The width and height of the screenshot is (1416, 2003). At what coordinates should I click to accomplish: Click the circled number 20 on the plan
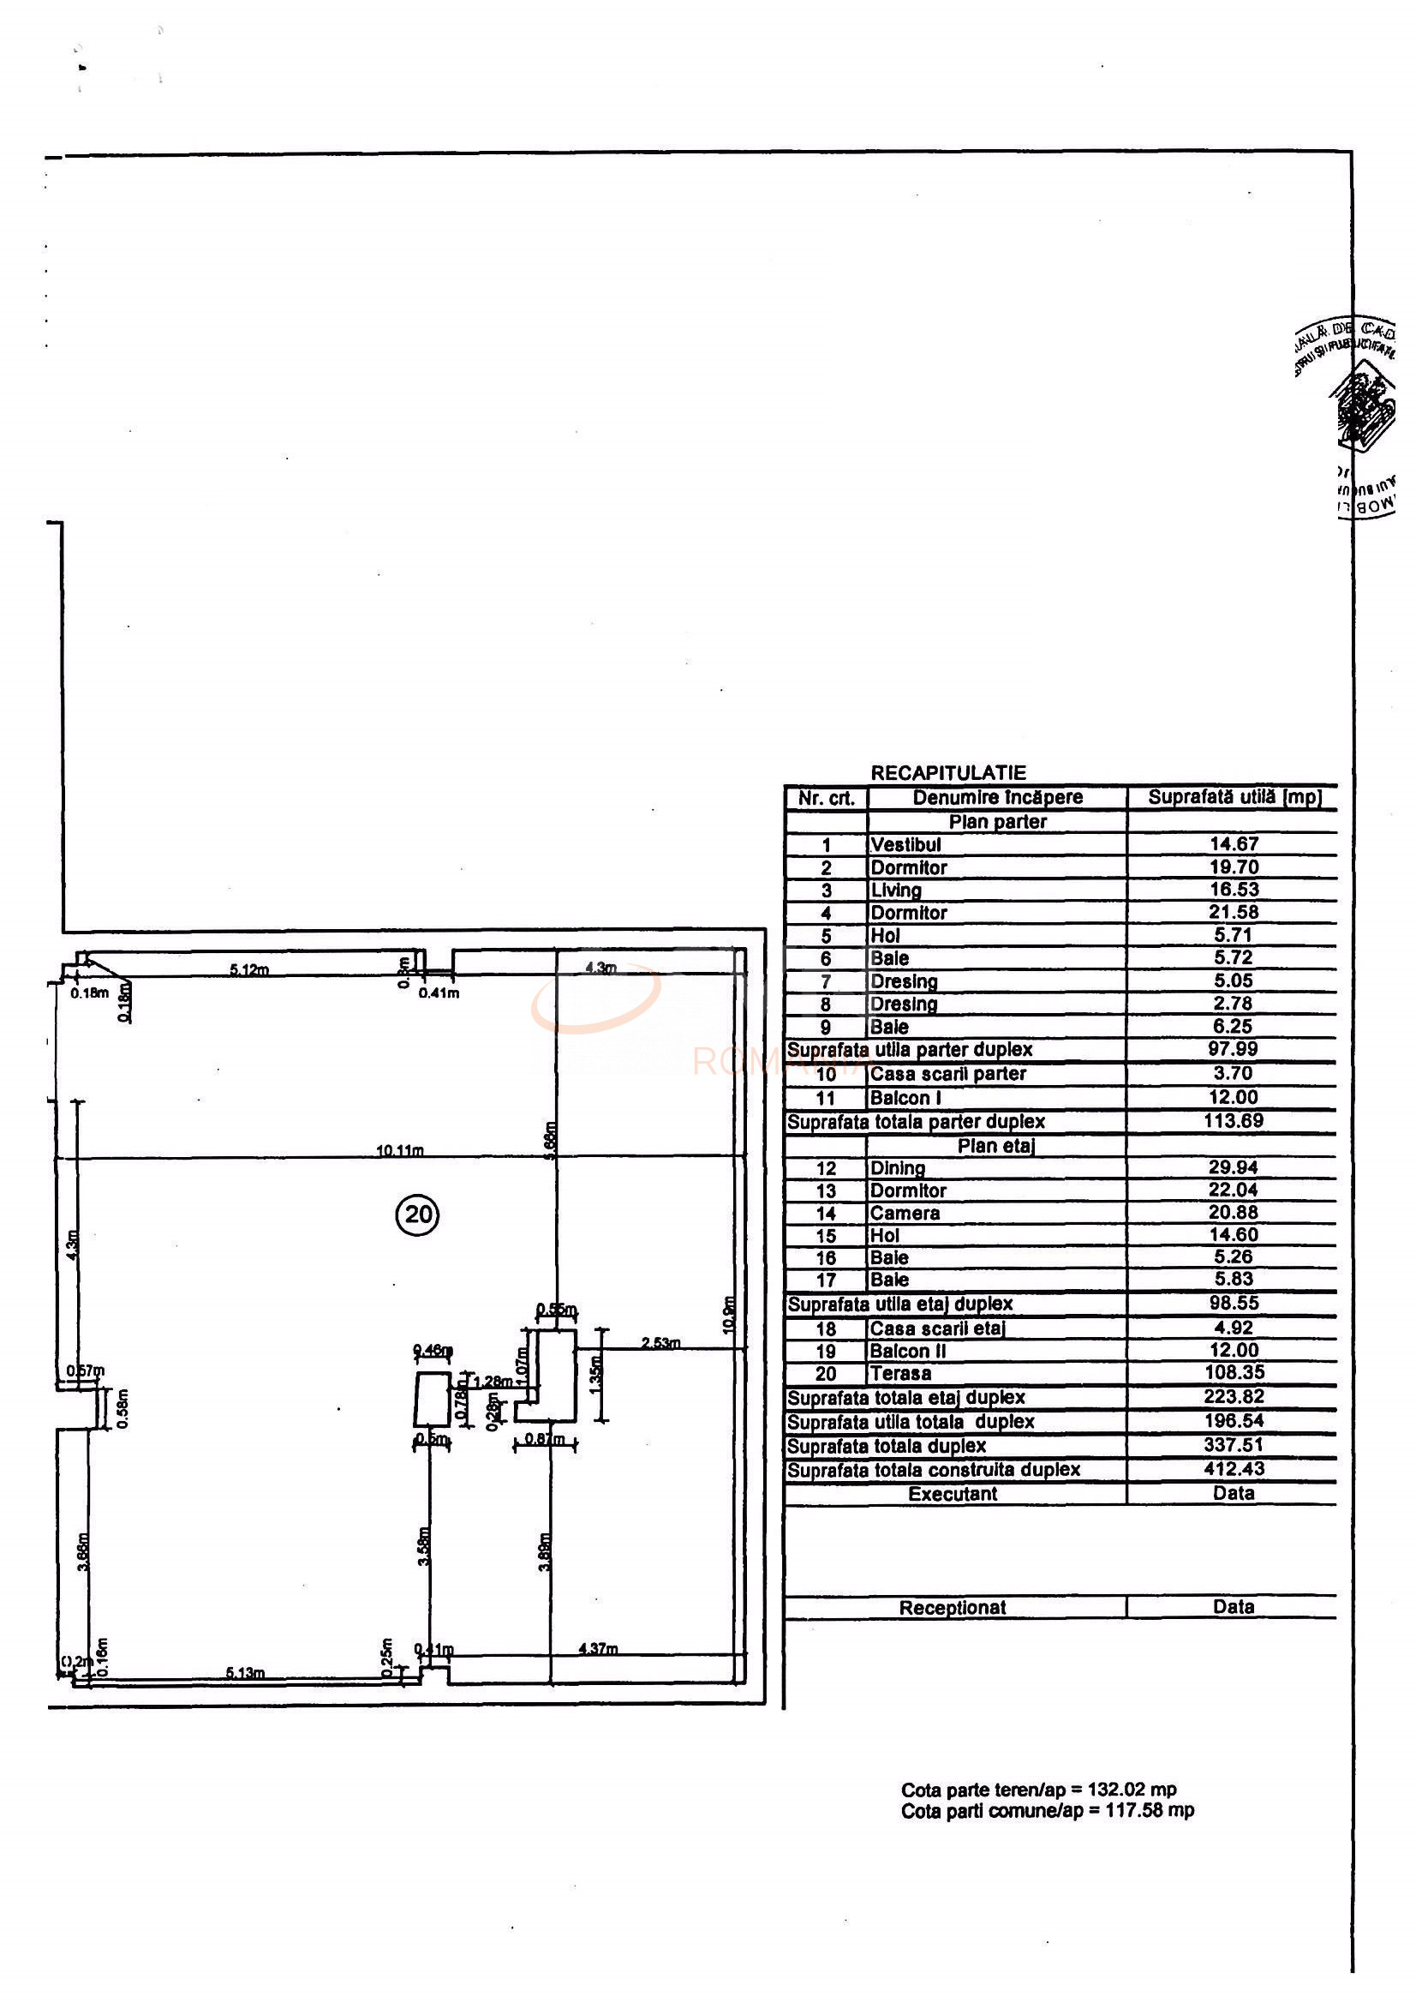[x=418, y=1214]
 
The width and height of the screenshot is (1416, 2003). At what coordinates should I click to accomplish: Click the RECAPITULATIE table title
[x=947, y=773]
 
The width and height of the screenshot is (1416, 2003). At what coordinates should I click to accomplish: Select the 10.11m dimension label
[x=399, y=1151]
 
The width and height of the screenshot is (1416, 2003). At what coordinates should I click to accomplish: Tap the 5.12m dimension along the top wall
[x=249, y=970]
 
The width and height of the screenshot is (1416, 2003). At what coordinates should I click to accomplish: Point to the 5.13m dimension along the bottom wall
[x=245, y=1673]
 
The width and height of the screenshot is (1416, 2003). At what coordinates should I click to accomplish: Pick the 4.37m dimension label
[x=598, y=1649]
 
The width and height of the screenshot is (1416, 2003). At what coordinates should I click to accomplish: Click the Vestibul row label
[x=906, y=844]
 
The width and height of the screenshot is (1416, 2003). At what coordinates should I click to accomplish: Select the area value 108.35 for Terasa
[x=1233, y=1373]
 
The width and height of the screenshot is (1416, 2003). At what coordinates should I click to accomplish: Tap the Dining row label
[x=897, y=1168]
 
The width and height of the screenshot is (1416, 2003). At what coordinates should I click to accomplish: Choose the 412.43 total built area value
[x=1233, y=1469]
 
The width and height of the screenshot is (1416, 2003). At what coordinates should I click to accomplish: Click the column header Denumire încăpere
[x=997, y=797]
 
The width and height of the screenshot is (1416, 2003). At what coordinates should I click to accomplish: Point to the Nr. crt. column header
[x=826, y=798]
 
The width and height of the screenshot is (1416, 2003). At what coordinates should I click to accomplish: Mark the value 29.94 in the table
[x=1232, y=1167]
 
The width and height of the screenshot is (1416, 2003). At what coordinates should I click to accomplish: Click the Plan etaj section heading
[x=995, y=1146]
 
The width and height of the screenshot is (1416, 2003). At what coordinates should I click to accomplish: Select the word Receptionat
[x=953, y=1608]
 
